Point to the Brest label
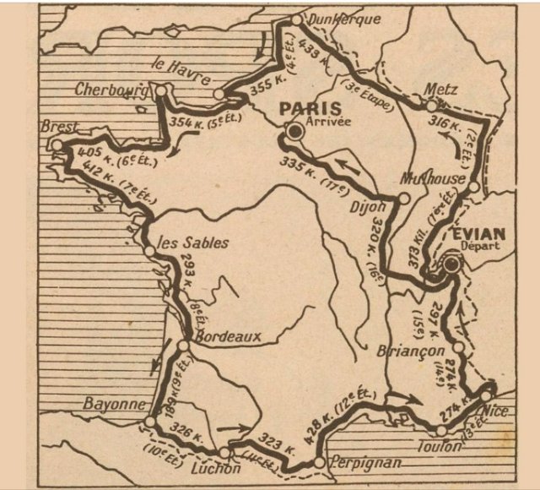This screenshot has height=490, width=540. (59, 127)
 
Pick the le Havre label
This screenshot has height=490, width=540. (182, 73)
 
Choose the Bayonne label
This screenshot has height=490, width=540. (115, 404)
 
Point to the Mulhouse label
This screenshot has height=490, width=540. (431, 178)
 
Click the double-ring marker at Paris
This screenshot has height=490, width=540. (294, 132)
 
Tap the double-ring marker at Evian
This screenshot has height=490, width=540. (451, 264)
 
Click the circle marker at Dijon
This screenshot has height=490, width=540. (403, 199)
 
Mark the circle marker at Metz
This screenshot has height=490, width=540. (432, 106)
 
